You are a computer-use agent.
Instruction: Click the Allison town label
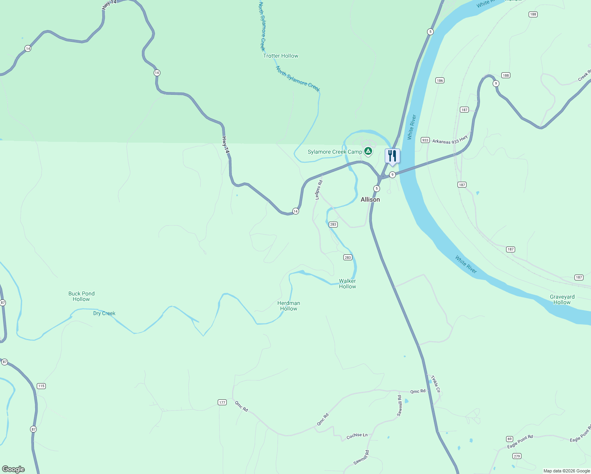370,199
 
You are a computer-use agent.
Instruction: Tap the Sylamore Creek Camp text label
335,152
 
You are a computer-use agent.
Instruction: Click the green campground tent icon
368,151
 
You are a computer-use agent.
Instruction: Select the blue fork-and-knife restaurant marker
392,156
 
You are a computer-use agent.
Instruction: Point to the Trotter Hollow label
280,56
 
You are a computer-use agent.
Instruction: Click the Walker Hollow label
347,284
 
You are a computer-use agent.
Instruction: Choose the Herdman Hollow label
288,306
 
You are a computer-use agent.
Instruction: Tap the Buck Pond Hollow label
81,296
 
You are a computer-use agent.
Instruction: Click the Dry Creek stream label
104,313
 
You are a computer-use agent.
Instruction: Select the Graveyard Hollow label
562,299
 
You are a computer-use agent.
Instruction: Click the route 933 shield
425,140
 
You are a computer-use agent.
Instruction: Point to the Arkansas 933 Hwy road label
450,139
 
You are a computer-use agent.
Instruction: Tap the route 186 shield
440,80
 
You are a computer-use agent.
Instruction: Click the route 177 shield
222,403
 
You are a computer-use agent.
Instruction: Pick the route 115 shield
41,386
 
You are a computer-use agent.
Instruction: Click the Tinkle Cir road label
435,384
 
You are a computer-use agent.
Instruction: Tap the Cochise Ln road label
357,435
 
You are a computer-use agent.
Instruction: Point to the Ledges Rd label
319,190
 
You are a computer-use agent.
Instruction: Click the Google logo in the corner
13,469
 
